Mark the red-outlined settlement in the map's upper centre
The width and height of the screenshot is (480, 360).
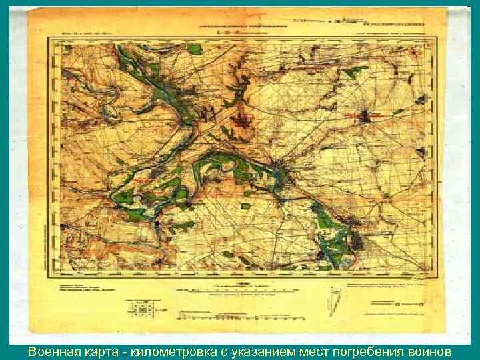pyautogui.click(x=244, y=120)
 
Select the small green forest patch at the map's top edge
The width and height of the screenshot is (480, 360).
pyautogui.click(x=194, y=49)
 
